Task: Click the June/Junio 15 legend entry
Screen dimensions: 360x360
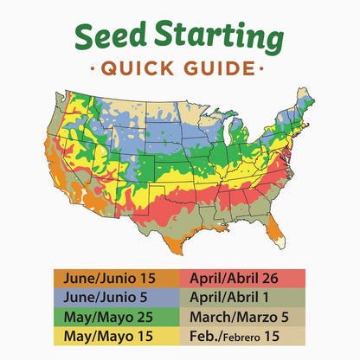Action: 115,279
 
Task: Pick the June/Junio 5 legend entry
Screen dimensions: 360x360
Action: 115,296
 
